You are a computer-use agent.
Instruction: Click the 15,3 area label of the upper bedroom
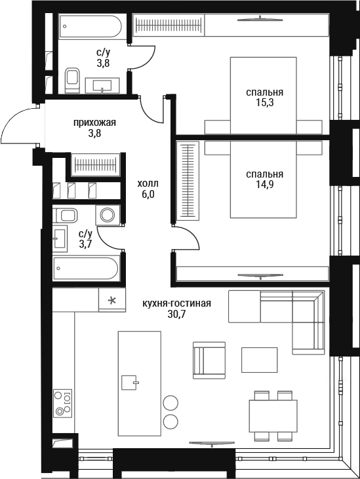coord(265,103)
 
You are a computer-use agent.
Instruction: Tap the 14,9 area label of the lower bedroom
coord(265,185)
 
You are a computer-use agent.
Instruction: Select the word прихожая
coord(94,123)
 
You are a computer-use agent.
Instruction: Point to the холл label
coord(148,183)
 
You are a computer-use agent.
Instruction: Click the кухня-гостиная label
coord(176,303)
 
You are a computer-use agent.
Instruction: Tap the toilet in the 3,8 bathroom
coord(72,81)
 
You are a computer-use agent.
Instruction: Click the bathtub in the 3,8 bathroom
coord(90,27)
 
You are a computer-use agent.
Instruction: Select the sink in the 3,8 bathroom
coord(102,85)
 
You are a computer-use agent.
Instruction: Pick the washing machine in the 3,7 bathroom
coord(108,215)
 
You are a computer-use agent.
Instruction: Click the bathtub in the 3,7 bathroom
coord(86,269)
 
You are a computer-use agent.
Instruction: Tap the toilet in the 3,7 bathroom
coord(65,216)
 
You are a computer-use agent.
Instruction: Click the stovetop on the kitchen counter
coord(63,403)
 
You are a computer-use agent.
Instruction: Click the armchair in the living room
coord(209,360)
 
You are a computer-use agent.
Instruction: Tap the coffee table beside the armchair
coord(260,360)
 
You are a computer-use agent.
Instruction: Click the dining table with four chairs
coord(273,415)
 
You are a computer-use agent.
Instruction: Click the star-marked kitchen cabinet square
coord(112,300)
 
